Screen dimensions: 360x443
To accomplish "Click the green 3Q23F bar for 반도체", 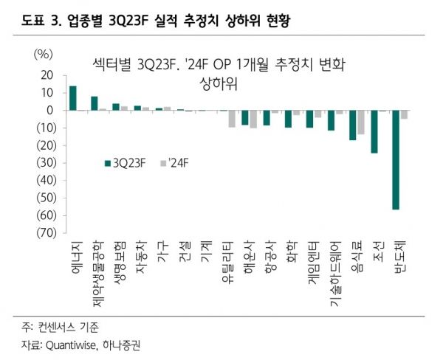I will click(x=396, y=159).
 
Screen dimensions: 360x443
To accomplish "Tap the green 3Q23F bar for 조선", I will click(x=374, y=131).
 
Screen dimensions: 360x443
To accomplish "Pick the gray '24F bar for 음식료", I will click(x=360, y=122).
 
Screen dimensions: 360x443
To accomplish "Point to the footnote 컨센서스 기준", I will click(x=67, y=326).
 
